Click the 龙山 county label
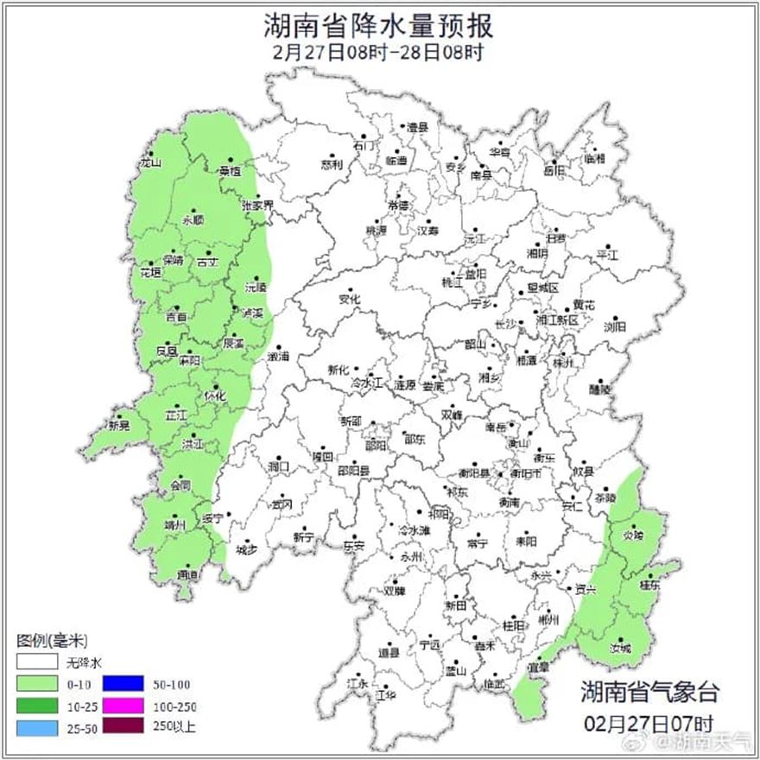151,161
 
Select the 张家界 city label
256,206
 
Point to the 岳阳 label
554,171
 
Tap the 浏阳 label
615,326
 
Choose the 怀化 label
215,395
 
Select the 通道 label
187,574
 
